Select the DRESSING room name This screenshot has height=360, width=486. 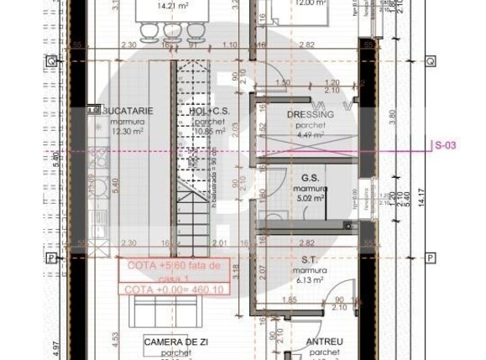[x=310, y=114]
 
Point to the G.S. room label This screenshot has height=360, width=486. [x=309, y=179]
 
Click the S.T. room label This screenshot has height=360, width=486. [x=308, y=260]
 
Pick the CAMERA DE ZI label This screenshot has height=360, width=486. [x=175, y=342]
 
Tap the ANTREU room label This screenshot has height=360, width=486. [x=324, y=342]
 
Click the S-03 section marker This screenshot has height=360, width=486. [x=445, y=146]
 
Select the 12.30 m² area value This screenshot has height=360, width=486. [x=128, y=131]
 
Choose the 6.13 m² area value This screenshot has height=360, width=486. [x=308, y=282]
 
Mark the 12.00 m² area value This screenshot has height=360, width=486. [x=310, y=4]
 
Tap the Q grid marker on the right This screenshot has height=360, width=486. [x=429, y=61]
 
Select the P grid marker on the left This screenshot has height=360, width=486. [x=51, y=258]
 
